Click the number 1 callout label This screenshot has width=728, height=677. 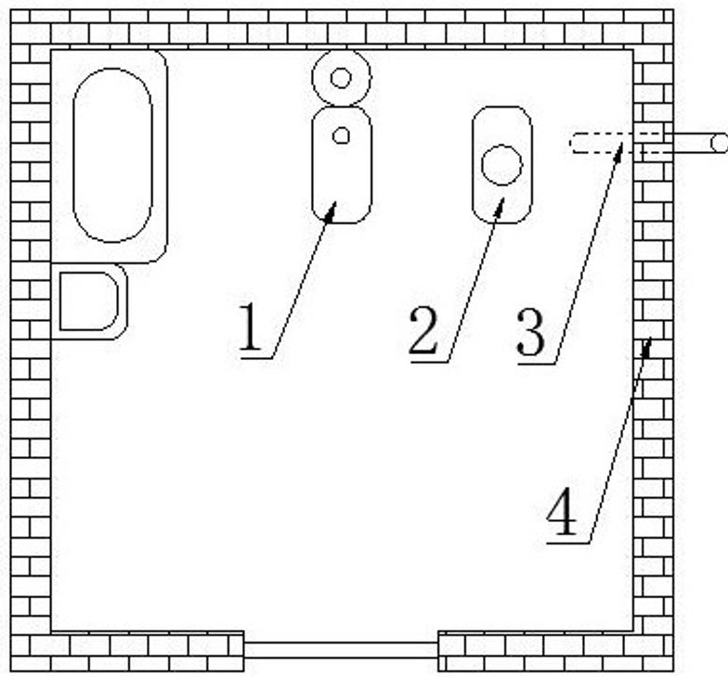pyautogui.click(x=251, y=329)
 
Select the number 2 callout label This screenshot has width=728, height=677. pyautogui.click(x=422, y=331)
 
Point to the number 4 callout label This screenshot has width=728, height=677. pyautogui.click(x=562, y=513)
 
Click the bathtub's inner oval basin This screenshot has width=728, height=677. pyautogui.click(x=112, y=155)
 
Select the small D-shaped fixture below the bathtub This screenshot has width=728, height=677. pyautogui.click(x=89, y=301)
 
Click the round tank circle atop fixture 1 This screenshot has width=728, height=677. pyautogui.click(x=341, y=78)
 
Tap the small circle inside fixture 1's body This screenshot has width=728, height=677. pyautogui.click(x=341, y=135)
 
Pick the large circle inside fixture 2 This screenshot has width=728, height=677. pyautogui.click(x=501, y=165)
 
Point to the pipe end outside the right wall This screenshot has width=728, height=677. pyautogui.click(x=717, y=142)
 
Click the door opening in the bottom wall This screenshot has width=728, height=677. pyautogui.click(x=341, y=649)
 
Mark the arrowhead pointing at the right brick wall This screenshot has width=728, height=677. pyautogui.click(x=648, y=347)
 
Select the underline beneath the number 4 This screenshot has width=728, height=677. pyautogui.click(x=568, y=543)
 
